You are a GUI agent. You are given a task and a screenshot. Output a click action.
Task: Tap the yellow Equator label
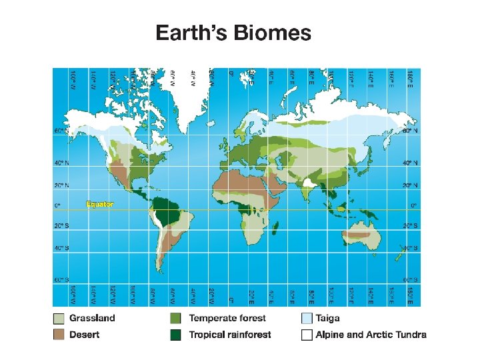(99, 204)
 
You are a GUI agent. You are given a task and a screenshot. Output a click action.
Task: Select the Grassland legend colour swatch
(59, 318)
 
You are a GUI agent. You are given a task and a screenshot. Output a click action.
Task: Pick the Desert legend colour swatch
(59, 334)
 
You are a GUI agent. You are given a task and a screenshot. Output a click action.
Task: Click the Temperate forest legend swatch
(176, 318)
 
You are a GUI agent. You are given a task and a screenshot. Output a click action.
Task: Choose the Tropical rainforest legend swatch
(176, 334)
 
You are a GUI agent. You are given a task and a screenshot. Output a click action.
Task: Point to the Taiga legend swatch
(307, 318)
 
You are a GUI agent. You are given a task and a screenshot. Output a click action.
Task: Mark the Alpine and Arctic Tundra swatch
(307, 334)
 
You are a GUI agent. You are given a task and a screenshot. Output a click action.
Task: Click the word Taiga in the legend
(328, 318)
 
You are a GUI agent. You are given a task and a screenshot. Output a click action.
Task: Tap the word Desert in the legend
(85, 334)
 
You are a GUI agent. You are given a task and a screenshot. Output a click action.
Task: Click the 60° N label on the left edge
(61, 131)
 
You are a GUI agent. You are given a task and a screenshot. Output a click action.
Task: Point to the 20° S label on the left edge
(61, 225)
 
